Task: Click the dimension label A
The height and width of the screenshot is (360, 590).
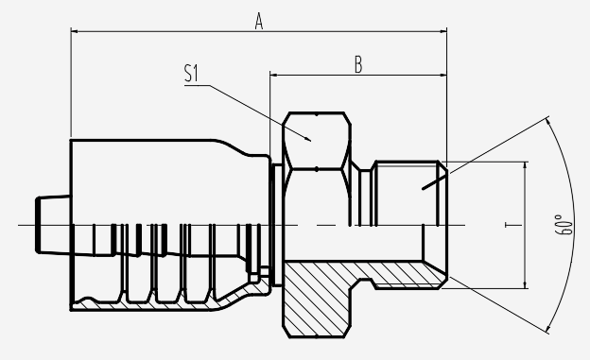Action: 258,21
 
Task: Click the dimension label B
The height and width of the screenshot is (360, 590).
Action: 358,64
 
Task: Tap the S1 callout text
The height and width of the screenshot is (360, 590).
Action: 191,73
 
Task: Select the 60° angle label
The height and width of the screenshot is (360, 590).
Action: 564,225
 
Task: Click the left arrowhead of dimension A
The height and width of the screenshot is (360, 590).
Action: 75,31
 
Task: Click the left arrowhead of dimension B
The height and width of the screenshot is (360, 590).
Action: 273,76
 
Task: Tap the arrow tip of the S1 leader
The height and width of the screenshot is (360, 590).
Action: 310,141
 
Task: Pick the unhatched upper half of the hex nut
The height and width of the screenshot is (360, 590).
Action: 317,141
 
